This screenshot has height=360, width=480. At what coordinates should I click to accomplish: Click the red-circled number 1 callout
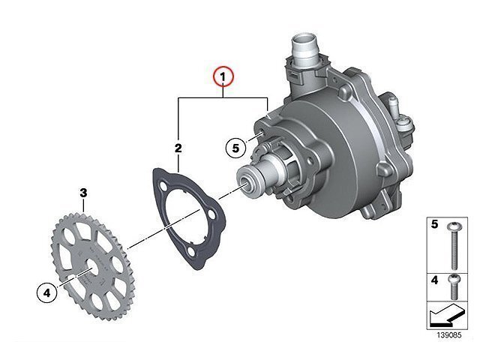point(223,76)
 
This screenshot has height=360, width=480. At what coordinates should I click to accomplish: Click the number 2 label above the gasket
point(178,148)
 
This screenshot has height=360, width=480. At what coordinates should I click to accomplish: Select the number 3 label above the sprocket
point(83,193)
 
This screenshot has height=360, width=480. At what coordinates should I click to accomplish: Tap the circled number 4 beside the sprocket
point(46,293)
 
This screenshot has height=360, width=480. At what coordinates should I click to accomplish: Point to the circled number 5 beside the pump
point(235,148)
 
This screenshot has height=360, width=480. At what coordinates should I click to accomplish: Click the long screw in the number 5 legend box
point(454,246)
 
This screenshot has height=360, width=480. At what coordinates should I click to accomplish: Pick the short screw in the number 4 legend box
point(454,287)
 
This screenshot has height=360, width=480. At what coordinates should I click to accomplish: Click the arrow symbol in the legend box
point(447,314)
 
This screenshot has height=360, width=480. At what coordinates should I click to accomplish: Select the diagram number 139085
point(448,335)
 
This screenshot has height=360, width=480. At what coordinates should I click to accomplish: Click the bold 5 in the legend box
point(435,224)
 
